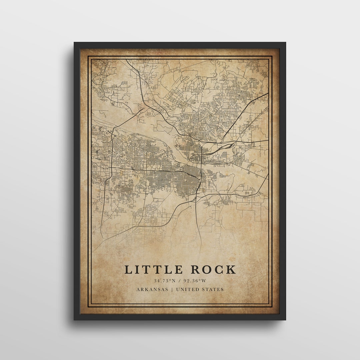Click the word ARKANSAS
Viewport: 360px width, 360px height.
tap(152, 289)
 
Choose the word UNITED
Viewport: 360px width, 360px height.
tap(187, 289)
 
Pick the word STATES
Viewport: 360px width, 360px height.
tap(213, 289)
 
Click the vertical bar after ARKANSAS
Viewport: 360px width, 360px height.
tap(172, 289)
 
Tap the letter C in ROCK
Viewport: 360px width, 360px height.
tap(219, 269)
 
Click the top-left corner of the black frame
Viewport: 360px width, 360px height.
tap(74, 43)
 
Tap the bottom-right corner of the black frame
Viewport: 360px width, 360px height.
tap(285, 320)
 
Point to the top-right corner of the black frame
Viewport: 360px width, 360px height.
tap(285, 43)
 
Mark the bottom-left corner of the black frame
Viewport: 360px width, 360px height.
tap(74, 320)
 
